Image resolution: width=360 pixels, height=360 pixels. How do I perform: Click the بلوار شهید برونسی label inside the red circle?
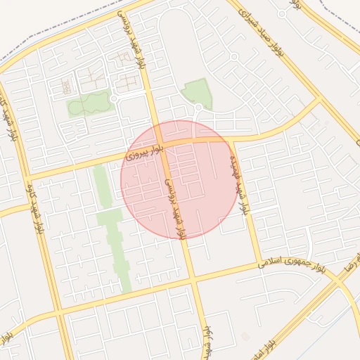[x=176, y=208]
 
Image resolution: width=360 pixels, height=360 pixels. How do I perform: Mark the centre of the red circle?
[x=179, y=179]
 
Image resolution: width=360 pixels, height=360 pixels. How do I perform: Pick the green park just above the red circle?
[x=197, y=93]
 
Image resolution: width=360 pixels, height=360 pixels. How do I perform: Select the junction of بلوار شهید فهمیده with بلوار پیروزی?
[x=231, y=139]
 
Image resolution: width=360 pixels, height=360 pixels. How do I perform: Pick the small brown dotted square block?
[x=65, y=86]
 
